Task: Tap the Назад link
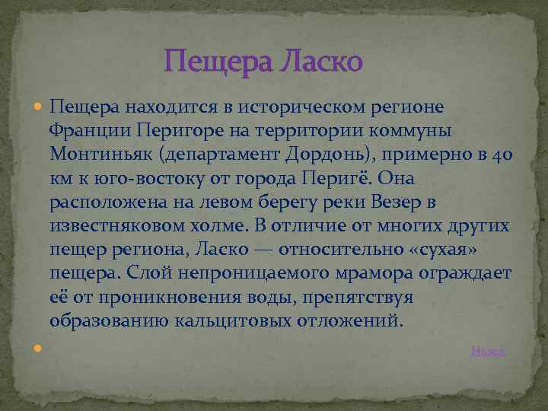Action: point(488,350)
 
